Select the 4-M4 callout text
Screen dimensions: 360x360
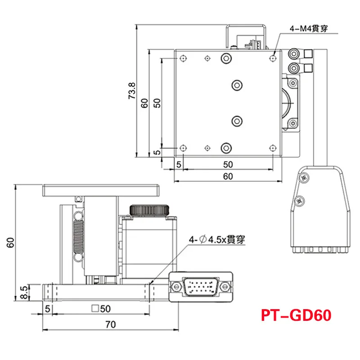[x=308, y=29]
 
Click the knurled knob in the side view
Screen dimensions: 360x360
[x=150, y=210]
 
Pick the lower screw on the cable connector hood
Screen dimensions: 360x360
[x=300, y=200]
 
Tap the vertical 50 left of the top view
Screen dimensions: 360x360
[x=157, y=103]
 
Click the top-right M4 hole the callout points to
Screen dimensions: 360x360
[x=273, y=58]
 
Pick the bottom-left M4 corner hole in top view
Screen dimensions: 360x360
[x=183, y=148]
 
